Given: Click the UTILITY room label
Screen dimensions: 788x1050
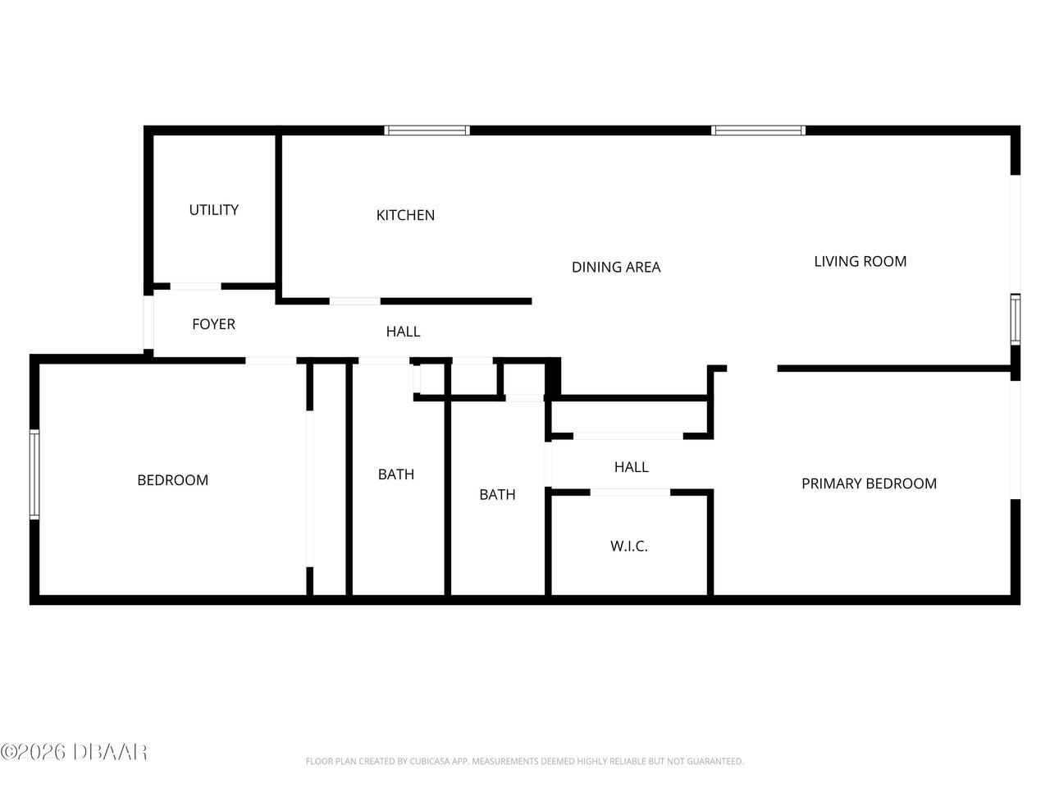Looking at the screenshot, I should point(214,210).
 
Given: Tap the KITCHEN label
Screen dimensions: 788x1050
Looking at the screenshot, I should point(405,215).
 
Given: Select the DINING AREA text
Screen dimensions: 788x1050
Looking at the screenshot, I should point(616,267).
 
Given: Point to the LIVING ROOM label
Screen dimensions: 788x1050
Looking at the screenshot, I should point(860,262).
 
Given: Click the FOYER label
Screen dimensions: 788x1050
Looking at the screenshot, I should point(213,324).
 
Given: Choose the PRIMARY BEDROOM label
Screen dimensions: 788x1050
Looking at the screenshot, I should point(869,483).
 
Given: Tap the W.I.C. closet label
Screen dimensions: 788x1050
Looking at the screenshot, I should point(629,547).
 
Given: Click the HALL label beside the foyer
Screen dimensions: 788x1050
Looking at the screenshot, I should point(403,332).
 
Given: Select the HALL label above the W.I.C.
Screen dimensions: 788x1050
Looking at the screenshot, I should point(631,467).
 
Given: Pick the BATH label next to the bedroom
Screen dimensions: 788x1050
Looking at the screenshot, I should point(396,474).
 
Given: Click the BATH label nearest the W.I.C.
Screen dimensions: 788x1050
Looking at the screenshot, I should point(497,494).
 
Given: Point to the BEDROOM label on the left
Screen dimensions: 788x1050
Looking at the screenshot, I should point(172,480).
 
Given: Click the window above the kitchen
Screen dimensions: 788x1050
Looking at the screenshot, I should point(427,130).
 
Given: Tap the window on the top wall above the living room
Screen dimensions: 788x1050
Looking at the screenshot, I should point(758,130).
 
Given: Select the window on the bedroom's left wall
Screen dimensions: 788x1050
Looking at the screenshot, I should point(34,474).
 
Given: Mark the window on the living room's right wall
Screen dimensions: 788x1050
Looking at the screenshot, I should point(1016,319).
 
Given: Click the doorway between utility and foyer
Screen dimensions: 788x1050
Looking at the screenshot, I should point(195,286).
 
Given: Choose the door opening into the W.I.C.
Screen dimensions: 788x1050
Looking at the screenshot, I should point(630,492).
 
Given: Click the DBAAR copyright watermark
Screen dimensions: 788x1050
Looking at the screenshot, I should point(74,751).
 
